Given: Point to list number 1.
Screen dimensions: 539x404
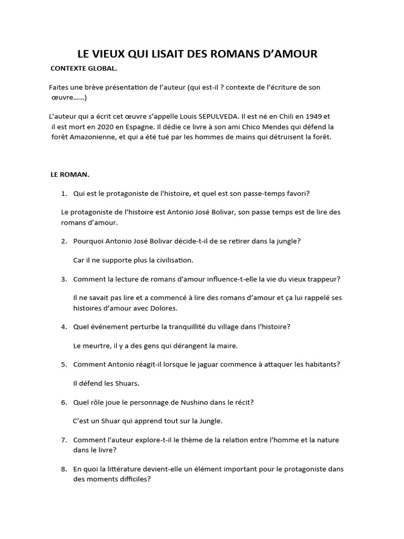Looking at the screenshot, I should point(64,193).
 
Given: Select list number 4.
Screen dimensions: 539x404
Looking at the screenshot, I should point(64,326).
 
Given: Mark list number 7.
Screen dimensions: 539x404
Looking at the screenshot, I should point(64,440).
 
